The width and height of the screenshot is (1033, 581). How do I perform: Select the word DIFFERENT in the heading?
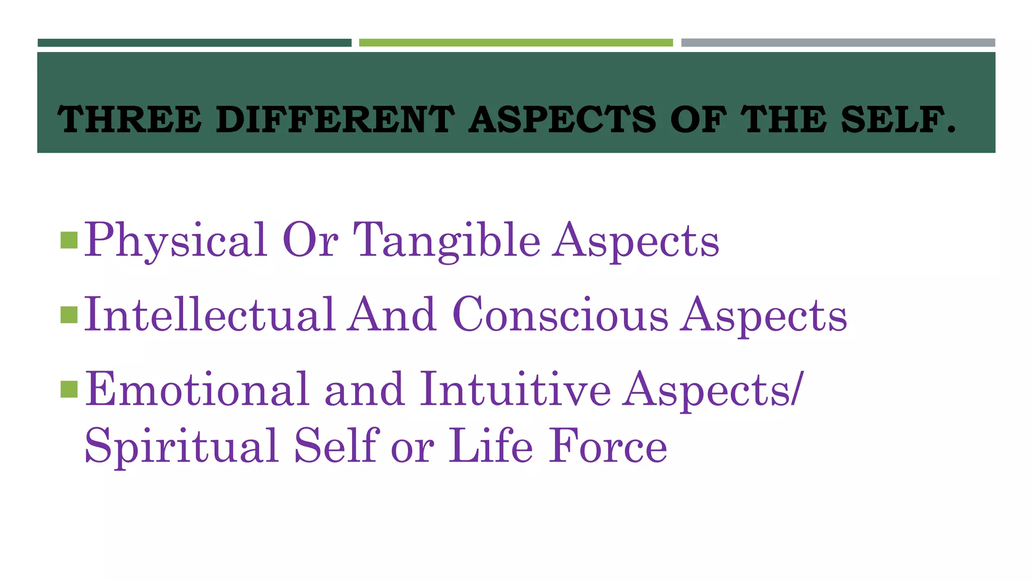(335, 120)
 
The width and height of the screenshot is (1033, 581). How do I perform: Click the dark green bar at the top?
(194, 43)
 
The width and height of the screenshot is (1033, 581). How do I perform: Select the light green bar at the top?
(515, 43)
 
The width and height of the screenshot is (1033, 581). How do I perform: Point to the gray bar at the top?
(838, 43)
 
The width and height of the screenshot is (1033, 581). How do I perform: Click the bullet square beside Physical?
(69, 241)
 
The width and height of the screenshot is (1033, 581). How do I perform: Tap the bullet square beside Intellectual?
(69, 315)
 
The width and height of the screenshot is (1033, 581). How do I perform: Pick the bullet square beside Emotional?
(69, 389)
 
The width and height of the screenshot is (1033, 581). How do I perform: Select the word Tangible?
(446, 241)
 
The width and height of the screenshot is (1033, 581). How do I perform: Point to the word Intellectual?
(210, 315)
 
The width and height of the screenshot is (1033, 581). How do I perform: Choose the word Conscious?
(560, 315)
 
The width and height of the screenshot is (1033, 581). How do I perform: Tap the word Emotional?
(197, 389)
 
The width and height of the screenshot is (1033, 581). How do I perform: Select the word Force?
(608, 446)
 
